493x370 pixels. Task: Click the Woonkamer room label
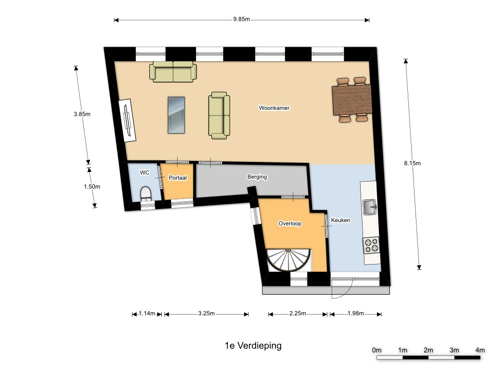click(x=274, y=108)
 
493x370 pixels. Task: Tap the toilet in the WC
click(x=145, y=194)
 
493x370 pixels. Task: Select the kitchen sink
click(x=369, y=207)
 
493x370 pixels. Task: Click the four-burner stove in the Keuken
click(x=371, y=245)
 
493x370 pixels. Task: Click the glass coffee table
click(x=176, y=115)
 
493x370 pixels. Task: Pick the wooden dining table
click(x=352, y=100)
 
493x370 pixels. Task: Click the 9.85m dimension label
click(x=242, y=19)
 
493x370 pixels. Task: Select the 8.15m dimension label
click(x=412, y=163)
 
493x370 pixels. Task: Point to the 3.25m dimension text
click(x=207, y=313)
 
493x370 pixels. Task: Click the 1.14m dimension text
click(x=147, y=313)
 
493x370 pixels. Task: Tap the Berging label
click(x=257, y=177)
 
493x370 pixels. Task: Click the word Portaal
click(x=178, y=178)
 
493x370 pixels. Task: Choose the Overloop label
click(x=290, y=224)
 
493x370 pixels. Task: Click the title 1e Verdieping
click(x=253, y=345)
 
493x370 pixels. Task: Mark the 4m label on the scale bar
click(x=480, y=350)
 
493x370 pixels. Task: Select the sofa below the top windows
click(x=173, y=72)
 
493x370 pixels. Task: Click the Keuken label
click(x=340, y=220)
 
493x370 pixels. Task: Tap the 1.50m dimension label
click(x=92, y=186)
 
